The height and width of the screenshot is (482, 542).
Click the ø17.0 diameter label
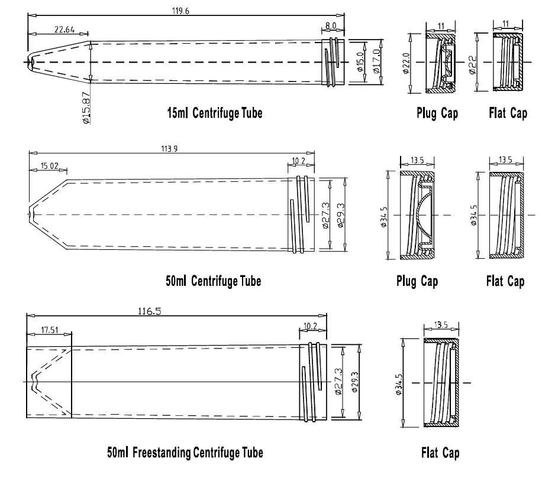point(376,61)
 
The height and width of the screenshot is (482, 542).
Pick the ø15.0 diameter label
point(361,61)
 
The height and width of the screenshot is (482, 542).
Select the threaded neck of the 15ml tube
point(335,61)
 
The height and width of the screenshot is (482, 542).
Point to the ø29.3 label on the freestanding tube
point(354,382)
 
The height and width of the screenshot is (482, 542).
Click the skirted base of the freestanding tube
point(49,382)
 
